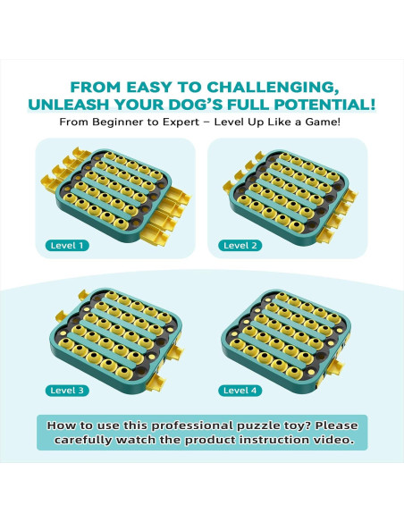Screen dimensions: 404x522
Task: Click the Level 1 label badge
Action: pos(67,246)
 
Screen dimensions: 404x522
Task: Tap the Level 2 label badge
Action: pos(240,246)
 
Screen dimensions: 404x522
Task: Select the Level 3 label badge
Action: pos(67,391)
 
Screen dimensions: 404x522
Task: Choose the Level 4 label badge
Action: pos(240,391)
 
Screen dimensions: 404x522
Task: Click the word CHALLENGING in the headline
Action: pos(271,88)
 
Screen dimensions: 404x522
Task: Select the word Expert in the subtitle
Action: pos(181,122)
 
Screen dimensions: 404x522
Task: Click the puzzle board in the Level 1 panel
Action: pos(115,196)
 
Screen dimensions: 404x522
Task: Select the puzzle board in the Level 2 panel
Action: pos(290,197)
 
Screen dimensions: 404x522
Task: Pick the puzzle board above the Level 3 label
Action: pos(116,340)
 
